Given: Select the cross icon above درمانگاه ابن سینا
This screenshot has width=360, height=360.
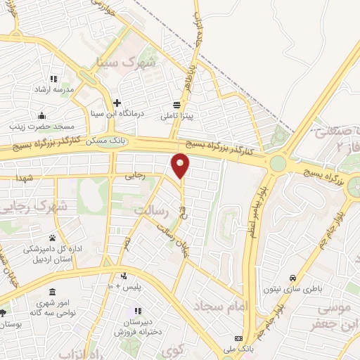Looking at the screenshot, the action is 118,103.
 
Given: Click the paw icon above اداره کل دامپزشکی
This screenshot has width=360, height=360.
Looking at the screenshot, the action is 52,238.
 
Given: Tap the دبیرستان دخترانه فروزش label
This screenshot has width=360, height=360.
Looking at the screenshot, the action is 138,326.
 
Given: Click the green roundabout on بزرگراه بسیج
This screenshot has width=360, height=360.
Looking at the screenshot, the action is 277,164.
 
